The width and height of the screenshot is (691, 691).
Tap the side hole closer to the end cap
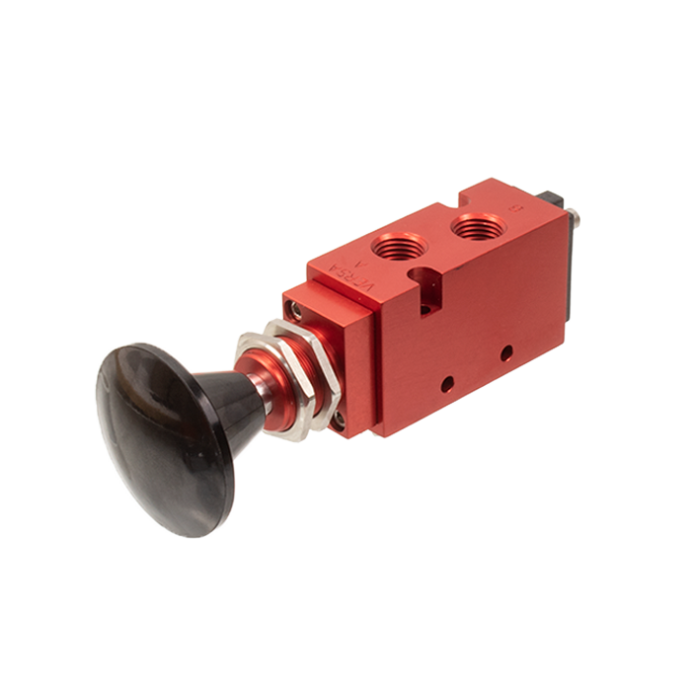[504, 350]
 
